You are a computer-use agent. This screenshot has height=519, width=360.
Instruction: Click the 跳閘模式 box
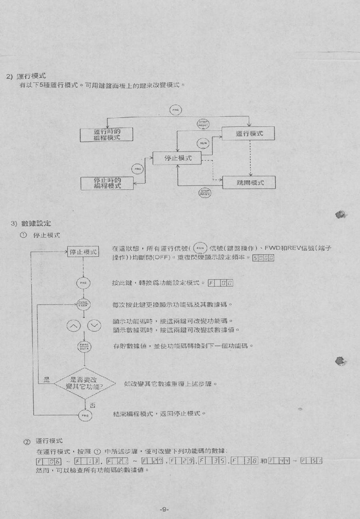tap(249, 183)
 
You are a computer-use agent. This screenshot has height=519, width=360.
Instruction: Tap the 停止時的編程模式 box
tap(107, 183)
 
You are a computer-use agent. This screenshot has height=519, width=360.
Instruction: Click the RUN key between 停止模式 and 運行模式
tap(203, 143)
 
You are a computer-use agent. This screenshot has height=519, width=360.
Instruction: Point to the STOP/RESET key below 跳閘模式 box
tap(205, 193)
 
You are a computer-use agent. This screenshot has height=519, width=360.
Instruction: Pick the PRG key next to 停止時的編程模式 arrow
tap(138, 169)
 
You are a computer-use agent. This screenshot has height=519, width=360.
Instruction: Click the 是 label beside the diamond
tap(46, 380)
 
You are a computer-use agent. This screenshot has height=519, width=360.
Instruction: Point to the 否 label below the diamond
tap(92, 405)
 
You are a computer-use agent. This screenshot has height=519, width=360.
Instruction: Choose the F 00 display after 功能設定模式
tap(220, 283)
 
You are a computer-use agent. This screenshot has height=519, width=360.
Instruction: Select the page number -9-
tap(164, 510)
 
